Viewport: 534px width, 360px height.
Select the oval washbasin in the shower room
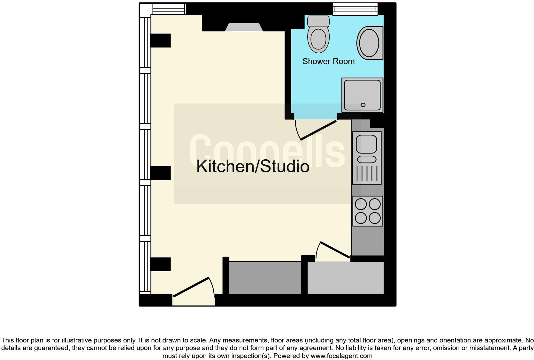pyautogui.click(x=369, y=43)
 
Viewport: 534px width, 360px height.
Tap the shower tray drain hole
pyautogui.click(x=363, y=105)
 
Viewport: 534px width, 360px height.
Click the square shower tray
pyautogui.click(x=362, y=94)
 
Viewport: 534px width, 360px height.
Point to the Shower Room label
pyautogui.click(x=328, y=61)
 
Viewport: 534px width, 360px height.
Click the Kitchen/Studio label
pyautogui.click(x=253, y=166)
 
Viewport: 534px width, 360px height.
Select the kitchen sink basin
pyautogui.click(x=367, y=144)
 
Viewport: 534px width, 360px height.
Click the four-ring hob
pyautogui.click(x=368, y=211)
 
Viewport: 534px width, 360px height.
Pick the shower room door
pyautogui.click(x=318, y=130)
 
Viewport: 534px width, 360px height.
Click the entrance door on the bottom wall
pyautogui.click(x=191, y=287)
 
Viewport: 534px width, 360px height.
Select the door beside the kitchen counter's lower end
pyautogui.click(x=335, y=250)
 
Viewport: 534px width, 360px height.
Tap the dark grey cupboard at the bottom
pyautogui.click(x=265, y=277)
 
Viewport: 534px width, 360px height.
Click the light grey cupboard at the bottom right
pyautogui.click(x=345, y=277)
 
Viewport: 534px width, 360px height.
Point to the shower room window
pyautogui.click(x=355, y=9)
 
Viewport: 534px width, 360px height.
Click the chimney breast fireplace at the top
pyautogui.click(x=244, y=27)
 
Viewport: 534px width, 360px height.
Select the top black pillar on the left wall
pyautogui.click(x=160, y=41)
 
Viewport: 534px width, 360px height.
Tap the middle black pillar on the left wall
pyautogui.click(x=160, y=173)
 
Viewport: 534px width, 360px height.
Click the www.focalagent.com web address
pyautogui.click(x=341, y=356)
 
